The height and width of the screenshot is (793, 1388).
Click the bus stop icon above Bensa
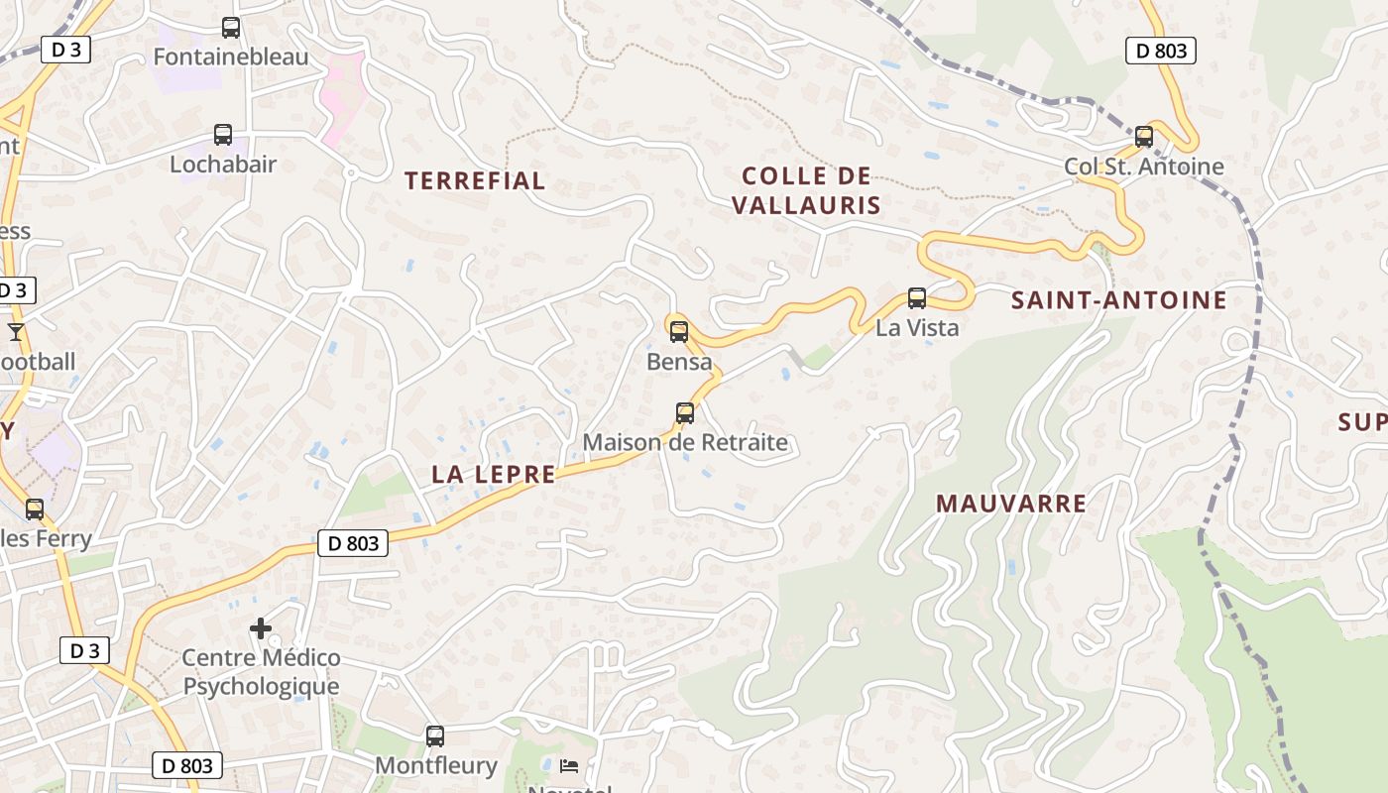679,332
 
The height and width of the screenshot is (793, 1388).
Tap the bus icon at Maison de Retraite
684,413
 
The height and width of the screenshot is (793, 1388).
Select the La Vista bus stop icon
917,297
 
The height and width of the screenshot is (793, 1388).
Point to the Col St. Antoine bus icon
1144,137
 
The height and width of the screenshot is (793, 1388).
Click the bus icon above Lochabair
223,135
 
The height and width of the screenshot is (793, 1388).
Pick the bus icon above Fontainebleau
231,28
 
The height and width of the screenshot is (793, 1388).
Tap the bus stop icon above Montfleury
435,736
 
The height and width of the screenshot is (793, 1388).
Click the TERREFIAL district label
475,180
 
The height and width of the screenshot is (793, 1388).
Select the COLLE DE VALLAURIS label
806,190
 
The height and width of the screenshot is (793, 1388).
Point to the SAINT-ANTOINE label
1118,300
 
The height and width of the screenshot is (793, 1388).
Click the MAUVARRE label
1011,504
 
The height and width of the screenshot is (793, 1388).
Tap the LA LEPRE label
494,475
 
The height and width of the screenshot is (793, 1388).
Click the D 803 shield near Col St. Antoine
1161,51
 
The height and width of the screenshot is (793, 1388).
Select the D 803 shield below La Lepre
353,543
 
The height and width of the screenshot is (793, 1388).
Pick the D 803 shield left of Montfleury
187,765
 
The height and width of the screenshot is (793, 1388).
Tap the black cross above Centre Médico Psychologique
261,628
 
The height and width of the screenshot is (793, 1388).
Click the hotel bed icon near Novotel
569,766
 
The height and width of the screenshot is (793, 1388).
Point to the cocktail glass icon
16,331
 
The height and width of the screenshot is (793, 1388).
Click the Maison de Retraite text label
685,442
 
